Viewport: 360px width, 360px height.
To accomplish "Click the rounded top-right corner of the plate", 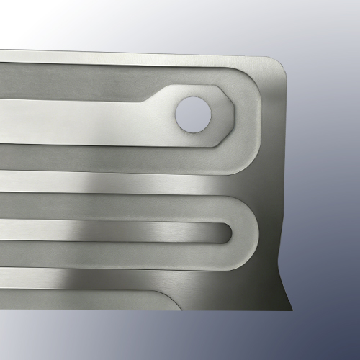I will coord(276,63).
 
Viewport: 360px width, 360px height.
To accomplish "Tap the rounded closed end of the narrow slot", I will coord(229,233).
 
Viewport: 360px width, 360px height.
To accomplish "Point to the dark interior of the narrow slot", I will coord(144,232).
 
